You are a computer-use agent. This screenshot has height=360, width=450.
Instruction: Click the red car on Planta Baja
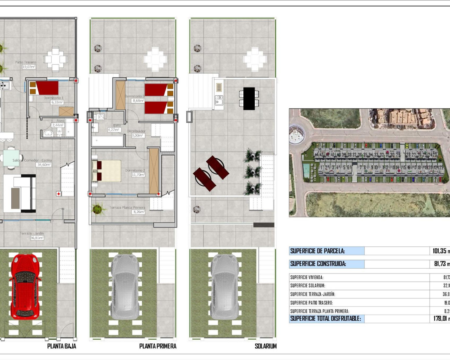(x=25, y=287)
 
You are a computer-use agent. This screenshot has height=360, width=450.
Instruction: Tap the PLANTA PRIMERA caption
(x=157, y=346)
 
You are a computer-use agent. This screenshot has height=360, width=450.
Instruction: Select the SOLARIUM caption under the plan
(x=265, y=346)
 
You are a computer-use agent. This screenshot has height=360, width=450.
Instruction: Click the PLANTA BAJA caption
(x=62, y=346)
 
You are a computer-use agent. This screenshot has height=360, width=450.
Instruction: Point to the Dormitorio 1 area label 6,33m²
(x=57, y=102)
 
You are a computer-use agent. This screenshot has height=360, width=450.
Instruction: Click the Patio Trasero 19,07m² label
(x=28, y=66)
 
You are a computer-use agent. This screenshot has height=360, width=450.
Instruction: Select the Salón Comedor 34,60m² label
(x=44, y=165)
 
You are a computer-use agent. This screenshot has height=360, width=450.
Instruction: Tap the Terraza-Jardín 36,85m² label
(x=37, y=238)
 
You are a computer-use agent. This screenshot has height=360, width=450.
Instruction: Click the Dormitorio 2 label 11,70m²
(x=138, y=175)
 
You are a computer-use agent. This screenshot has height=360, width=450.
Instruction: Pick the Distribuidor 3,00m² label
(x=137, y=135)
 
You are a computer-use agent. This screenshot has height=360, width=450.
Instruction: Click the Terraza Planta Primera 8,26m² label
(x=139, y=212)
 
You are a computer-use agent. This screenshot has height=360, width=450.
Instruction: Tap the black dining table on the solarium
(x=249, y=98)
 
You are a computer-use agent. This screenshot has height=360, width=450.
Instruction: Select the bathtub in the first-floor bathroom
(x=108, y=141)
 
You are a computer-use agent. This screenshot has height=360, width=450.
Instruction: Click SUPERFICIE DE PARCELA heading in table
(x=317, y=251)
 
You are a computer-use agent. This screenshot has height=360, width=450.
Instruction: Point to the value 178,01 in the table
(x=440, y=319)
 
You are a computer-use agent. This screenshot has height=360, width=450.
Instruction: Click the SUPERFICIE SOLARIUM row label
(x=308, y=286)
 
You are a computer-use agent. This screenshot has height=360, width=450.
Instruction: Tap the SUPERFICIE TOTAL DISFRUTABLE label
(x=326, y=319)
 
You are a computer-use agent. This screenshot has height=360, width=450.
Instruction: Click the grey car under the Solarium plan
(x=225, y=287)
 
